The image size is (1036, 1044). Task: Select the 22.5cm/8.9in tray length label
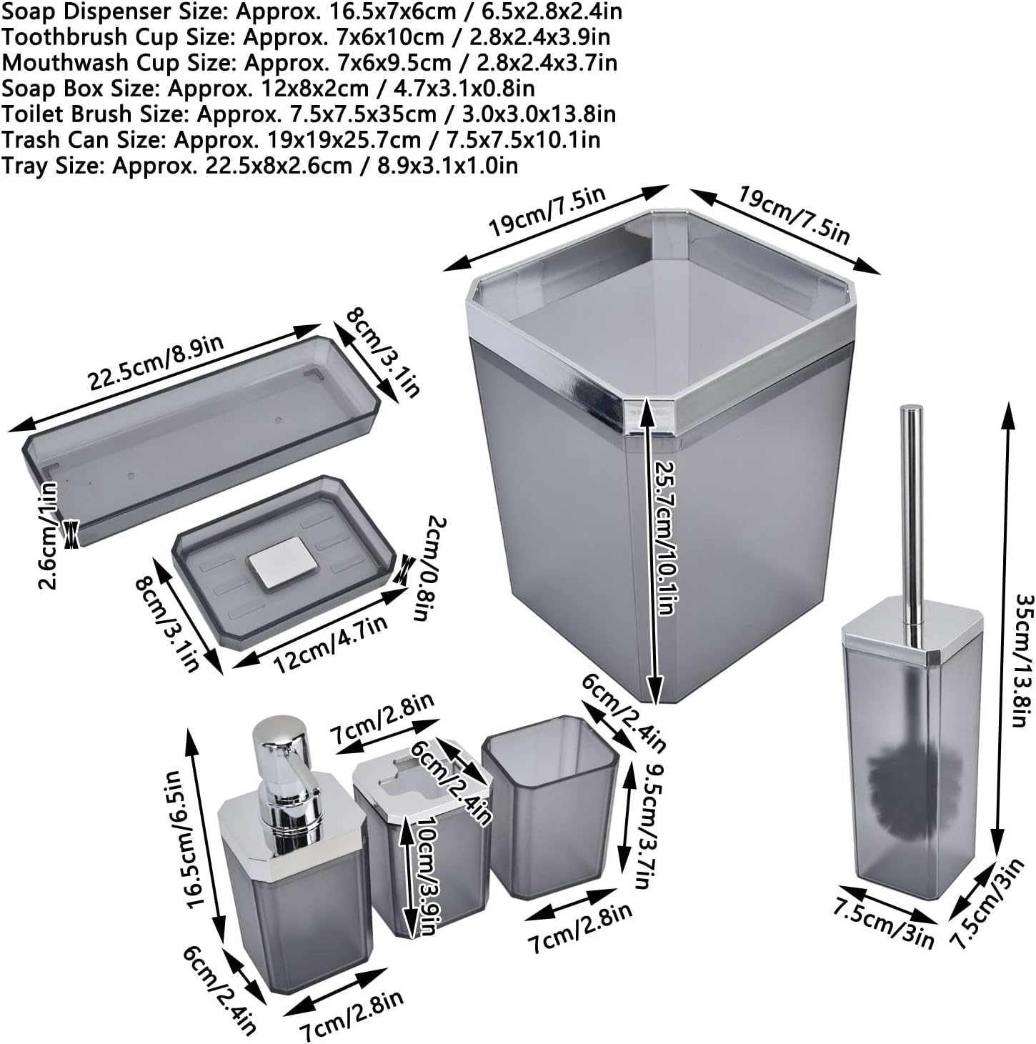156,364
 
